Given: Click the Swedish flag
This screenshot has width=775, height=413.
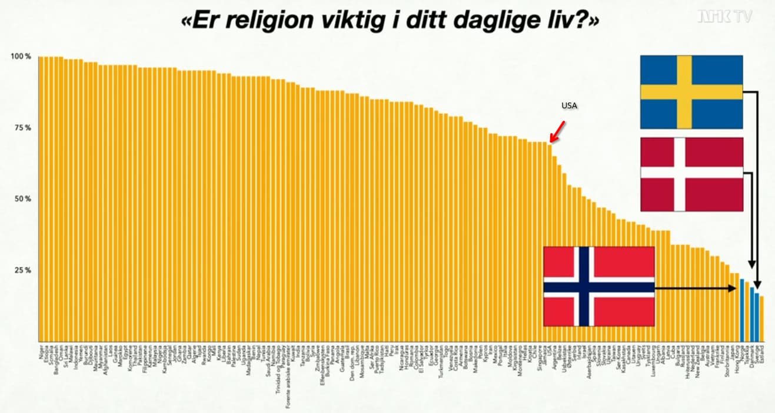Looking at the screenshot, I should [691, 91].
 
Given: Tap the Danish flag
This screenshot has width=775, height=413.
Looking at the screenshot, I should [691, 174].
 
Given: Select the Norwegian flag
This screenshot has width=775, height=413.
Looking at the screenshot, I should [598, 286].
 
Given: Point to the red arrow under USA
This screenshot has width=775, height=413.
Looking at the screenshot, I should [558, 131].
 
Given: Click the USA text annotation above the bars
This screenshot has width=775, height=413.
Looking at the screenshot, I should [569, 106].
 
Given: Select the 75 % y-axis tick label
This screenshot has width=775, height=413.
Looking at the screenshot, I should [22, 128].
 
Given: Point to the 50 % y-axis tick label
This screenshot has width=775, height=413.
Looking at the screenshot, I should [22, 199].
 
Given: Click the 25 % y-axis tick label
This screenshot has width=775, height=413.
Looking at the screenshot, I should [22, 270].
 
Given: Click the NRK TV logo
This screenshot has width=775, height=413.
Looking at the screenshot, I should [724, 16].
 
